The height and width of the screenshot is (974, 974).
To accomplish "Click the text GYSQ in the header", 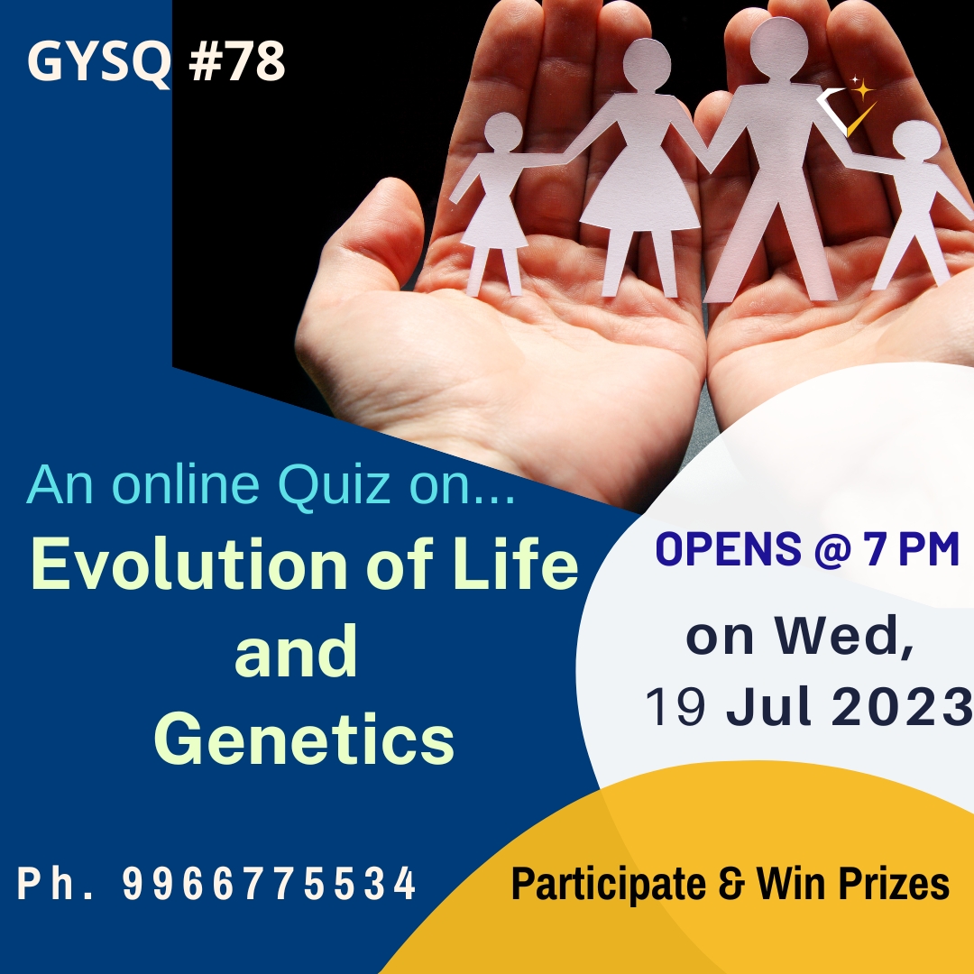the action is (99, 62).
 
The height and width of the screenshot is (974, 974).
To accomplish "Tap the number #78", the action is (236, 61).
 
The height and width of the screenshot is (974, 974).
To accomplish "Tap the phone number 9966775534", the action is (269, 883).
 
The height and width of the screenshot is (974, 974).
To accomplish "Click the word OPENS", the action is (728, 548).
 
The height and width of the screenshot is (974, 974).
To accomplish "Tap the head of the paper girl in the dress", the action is (503, 133).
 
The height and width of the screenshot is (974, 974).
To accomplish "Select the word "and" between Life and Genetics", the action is (296, 651).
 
